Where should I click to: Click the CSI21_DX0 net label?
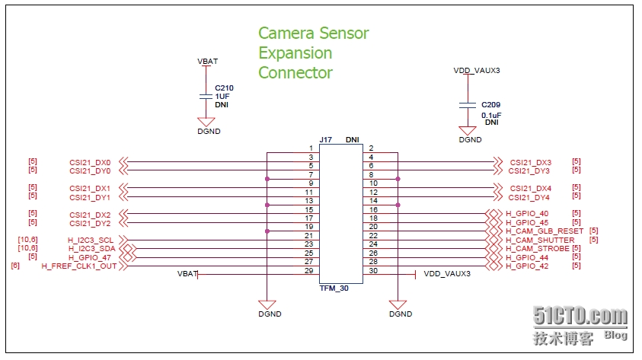pos(90,162)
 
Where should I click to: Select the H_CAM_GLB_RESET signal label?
pos(545,231)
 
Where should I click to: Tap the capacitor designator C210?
pos(224,88)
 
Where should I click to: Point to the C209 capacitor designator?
pos(490,104)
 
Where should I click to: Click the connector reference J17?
pos(325,140)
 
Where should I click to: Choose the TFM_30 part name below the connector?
pos(334,289)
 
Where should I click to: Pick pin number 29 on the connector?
pos(308,270)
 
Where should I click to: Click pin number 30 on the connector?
pos(372,270)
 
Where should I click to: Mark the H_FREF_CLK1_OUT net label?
pos(79,266)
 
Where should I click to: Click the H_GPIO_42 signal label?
pos(527,266)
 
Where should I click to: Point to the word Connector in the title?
pos(295,73)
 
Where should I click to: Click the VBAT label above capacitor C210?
pos(207,62)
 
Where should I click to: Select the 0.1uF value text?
pos(491,114)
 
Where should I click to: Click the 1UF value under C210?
pos(222,97)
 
